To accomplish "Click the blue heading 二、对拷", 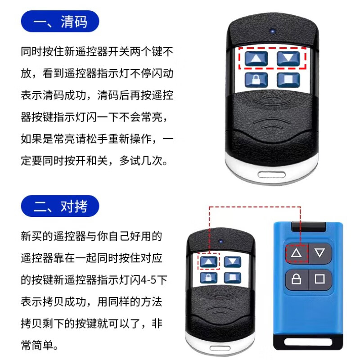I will click(x=60, y=207).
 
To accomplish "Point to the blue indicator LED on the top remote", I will click(x=272, y=32).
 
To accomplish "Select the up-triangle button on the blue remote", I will click(x=296, y=253).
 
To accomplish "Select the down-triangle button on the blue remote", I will click(x=320, y=253).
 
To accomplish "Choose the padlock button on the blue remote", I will click(x=296, y=279).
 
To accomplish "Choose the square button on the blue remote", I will click(x=320, y=279).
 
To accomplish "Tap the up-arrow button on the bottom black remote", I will click(x=208, y=261).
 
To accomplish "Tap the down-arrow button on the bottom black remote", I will click(x=233, y=261).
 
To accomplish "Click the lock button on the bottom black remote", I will click(x=208, y=278).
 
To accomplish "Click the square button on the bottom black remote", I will click(x=233, y=278).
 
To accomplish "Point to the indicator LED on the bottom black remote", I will click(x=221, y=240).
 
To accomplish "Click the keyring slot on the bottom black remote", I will click(x=220, y=349).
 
